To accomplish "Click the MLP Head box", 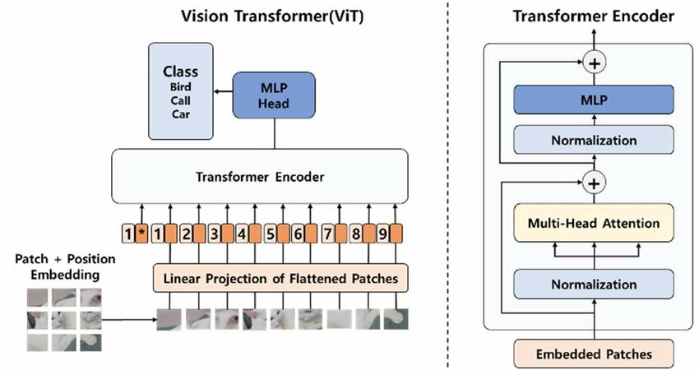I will (266, 95).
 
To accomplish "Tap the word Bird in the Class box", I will (180, 86).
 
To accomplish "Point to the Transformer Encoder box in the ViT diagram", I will (259, 177).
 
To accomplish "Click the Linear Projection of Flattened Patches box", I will (280, 279).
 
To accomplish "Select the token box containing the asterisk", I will (142, 235).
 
